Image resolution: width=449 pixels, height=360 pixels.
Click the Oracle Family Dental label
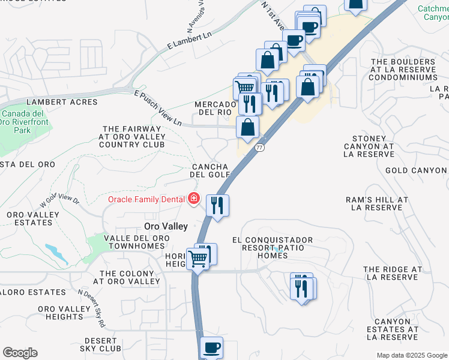[x=147, y=199]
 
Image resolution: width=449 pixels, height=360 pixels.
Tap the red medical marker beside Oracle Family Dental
[x=194, y=198]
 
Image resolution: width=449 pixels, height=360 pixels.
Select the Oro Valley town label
[x=166, y=226]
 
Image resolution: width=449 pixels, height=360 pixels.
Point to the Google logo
[x=20, y=353]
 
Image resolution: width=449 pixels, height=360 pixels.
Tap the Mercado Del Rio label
[x=214, y=108]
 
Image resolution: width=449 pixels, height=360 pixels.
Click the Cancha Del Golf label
[x=211, y=170]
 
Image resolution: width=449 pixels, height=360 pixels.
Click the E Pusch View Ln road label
[x=157, y=109]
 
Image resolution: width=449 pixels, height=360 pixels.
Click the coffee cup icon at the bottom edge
[x=211, y=347]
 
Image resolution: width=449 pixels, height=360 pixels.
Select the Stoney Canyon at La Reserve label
[x=369, y=146]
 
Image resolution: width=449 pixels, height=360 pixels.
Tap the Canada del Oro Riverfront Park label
[x=25, y=122]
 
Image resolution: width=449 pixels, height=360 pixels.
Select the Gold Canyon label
[x=417, y=170]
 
